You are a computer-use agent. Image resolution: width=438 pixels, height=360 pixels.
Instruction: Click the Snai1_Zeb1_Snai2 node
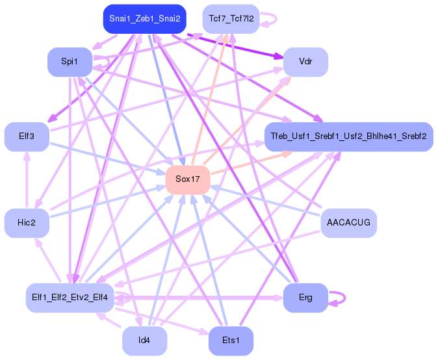(x=145, y=19)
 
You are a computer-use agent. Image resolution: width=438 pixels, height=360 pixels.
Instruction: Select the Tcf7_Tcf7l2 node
(x=231, y=19)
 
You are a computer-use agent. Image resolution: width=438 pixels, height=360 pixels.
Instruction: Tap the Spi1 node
(x=70, y=62)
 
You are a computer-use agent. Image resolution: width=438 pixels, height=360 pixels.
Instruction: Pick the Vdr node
(x=305, y=62)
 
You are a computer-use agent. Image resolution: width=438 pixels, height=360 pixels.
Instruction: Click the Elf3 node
(x=27, y=136)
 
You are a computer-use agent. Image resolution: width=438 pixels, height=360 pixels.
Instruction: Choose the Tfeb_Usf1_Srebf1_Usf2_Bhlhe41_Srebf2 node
(x=348, y=136)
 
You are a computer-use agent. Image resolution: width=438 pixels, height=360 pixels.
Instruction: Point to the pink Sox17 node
(x=188, y=179)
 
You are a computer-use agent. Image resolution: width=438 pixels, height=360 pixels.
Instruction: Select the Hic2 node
(x=27, y=223)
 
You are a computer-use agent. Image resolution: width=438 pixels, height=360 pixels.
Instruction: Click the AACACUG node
(x=348, y=223)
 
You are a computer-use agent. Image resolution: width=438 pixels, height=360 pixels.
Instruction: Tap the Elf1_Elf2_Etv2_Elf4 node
(x=70, y=298)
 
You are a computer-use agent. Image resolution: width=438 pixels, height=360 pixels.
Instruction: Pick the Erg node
(x=305, y=298)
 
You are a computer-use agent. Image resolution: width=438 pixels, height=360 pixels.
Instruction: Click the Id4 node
(x=145, y=341)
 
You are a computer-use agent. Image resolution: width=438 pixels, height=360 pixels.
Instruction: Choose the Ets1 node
(x=231, y=341)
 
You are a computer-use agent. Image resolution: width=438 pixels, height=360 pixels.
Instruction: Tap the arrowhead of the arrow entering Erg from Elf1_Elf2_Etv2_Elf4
(x=279, y=298)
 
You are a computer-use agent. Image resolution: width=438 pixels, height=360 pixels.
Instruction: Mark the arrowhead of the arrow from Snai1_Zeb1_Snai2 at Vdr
(x=279, y=57)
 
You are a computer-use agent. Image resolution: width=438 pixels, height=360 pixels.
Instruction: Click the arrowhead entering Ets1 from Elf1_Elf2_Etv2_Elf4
(x=205, y=332)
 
